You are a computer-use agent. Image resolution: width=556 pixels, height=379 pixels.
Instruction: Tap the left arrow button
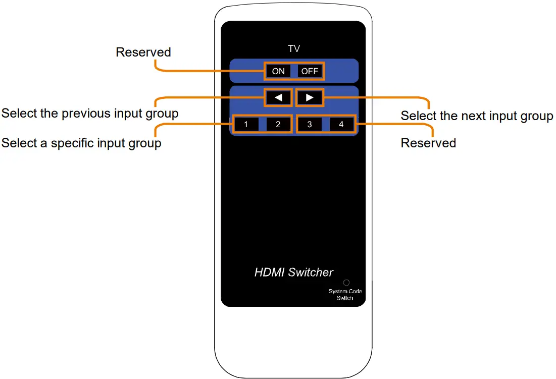pyautogui.click(x=278, y=97)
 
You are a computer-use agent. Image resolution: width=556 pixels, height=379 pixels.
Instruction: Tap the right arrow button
pyautogui.click(x=310, y=97)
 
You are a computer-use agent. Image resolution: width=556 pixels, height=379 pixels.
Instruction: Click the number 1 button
pyautogui.click(x=245, y=124)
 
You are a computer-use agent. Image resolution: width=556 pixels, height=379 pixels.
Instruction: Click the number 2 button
pyautogui.click(x=278, y=124)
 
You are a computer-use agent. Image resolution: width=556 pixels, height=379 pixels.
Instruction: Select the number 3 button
pyautogui.click(x=310, y=124)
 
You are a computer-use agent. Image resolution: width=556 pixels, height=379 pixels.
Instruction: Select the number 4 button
pyautogui.click(x=341, y=124)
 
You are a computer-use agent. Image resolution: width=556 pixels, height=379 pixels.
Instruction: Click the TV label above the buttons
pyautogui.click(x=293, y=49)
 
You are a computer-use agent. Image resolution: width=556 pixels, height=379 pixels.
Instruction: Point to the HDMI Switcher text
pyautogui.click(x=294, y=273)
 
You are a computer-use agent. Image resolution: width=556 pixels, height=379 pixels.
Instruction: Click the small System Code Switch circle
pyautogui.click(x=346, y=283)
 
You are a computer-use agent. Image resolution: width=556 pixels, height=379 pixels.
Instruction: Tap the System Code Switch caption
pyautogui.click(x=345, y=295)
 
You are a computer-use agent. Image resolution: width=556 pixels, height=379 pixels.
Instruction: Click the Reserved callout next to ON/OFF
pyautogui.click(x=143, y=52)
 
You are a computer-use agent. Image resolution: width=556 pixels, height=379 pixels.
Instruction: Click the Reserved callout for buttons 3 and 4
pyautogui.click(x=428, y=143)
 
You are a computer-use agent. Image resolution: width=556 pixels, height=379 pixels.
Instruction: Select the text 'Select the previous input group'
pyautogui.click(x=90, y=114)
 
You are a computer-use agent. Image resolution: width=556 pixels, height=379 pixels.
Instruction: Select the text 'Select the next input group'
pyautogui.click(x=477, y=116)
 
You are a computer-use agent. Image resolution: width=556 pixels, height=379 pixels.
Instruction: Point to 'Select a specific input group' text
pyautogui.click(x=81, y=143)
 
